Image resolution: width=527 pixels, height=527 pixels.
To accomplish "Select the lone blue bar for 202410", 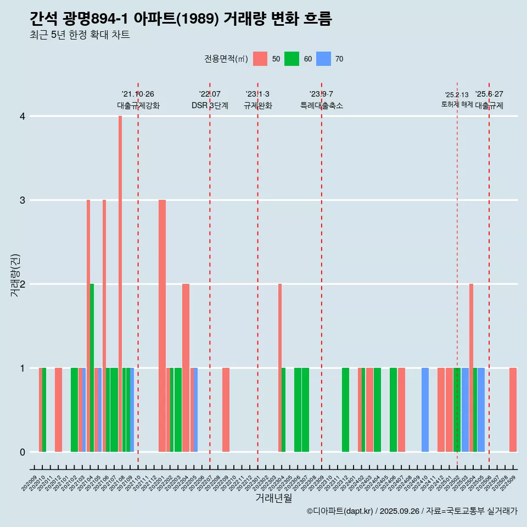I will [x=425, y=410].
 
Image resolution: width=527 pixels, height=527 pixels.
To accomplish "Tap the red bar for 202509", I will [x=513, y=410].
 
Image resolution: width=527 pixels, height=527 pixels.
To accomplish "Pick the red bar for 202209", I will [x=226, y=410].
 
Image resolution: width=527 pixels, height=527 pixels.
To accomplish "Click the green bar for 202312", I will [x=345, y=410].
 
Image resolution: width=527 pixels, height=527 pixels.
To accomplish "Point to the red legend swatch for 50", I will [x=260, y=59].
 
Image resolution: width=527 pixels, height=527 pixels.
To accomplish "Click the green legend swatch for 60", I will [x=291, y=59].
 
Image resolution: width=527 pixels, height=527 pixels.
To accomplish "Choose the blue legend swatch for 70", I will [x=324, y=59].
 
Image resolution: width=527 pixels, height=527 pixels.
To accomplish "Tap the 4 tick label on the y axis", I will [x=23, y=116].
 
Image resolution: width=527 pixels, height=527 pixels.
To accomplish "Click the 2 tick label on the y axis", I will [x=23, y=284].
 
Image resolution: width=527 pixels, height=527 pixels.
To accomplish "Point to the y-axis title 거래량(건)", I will [x=15, y=274].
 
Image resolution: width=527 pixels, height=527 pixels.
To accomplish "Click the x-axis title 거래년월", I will [x=273, y=498].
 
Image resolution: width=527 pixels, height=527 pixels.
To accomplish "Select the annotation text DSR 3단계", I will [x=210, y=105].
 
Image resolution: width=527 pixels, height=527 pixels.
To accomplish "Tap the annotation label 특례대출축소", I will [x=322, y=105].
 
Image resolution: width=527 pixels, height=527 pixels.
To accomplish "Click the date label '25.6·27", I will [x=489, y=94].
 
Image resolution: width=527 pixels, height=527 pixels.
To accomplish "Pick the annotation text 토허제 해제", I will [x=457, y=104].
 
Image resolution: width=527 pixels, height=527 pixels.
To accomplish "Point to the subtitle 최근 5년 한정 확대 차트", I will [x=80, y=35].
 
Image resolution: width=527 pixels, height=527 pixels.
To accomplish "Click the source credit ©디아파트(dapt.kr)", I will [x=340, y=511].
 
